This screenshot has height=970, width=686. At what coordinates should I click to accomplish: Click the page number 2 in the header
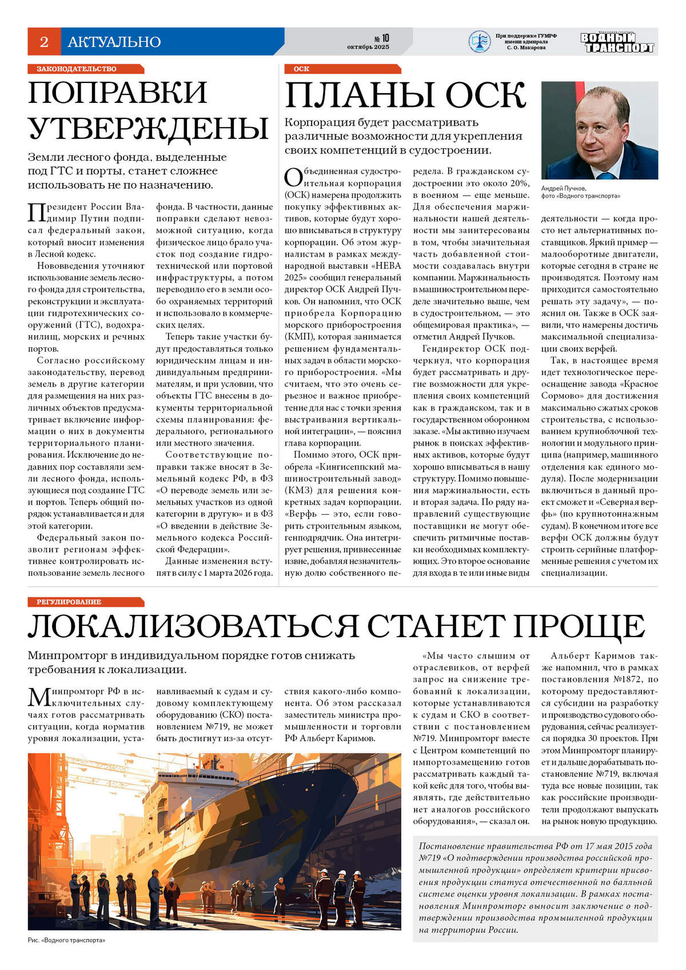pyautogui.click(x=44, y=42)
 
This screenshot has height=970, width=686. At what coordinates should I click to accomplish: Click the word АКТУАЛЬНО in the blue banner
pyautogui.click(x=114, y=42)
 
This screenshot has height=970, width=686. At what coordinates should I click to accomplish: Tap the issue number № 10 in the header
pyautogui.click(x=381, y=38)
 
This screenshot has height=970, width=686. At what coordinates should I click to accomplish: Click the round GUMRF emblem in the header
pyautogui.click(x=479, y=42)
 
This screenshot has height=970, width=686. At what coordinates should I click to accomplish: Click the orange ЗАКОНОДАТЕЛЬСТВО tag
pyautogui.click(x=77, y=69)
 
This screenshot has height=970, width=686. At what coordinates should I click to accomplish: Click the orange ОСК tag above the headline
pyautogui.click(x=301, y=69)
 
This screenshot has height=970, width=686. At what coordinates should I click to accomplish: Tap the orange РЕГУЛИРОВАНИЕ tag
pyautogui.click(x=69, y=602)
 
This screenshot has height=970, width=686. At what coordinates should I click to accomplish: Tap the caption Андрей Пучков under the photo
pyautogui.click(x=564, y=188)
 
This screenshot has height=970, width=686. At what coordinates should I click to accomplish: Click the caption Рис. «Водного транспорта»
pyautogui.click(x=66, y=940)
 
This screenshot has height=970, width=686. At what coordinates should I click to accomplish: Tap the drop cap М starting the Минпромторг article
pyautogui.click(x=39, y=697)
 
